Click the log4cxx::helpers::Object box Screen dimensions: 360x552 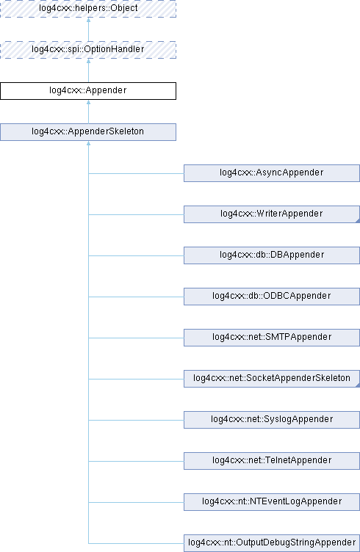pos(88,9)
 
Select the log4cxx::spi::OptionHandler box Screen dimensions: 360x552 pos(88,50)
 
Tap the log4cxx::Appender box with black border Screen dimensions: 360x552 pos(88,91)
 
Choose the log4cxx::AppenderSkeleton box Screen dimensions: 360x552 pos(88,132)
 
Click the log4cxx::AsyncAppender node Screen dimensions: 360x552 pos(272,173)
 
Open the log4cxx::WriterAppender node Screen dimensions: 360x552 pos(272,214)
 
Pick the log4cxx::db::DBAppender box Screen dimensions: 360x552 pos(272,255)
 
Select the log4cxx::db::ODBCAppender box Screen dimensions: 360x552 pos(272,297)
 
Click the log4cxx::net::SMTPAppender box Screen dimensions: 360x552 pos(272,338)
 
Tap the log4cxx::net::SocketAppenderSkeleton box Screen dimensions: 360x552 pos(272,379)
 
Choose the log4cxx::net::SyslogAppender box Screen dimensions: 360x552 pos(272,420)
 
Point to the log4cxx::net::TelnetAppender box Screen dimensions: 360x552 pos(272,461)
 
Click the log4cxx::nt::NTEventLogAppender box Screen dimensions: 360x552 pos(272,502)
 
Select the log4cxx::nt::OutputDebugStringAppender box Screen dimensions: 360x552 pos(272,543)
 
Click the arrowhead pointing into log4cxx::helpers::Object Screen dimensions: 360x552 pos(88,20)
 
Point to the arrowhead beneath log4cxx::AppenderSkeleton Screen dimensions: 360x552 pos(88,143)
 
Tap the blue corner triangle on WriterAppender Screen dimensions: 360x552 pos(358,221)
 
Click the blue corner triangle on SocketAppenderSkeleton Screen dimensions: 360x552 pos(358,385)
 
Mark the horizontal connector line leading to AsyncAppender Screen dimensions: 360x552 pos(136,173)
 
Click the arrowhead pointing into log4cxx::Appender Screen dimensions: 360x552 pos(88,102)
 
